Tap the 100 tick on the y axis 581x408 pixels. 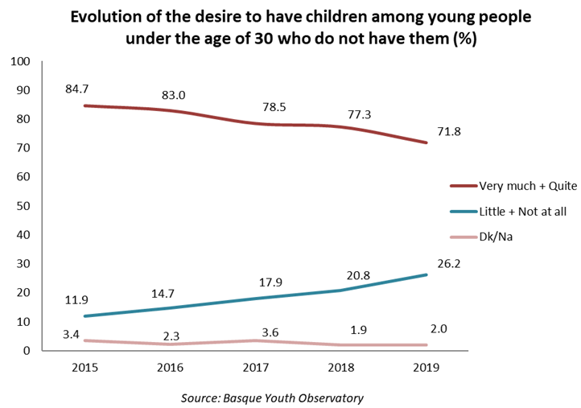coord(20,61)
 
